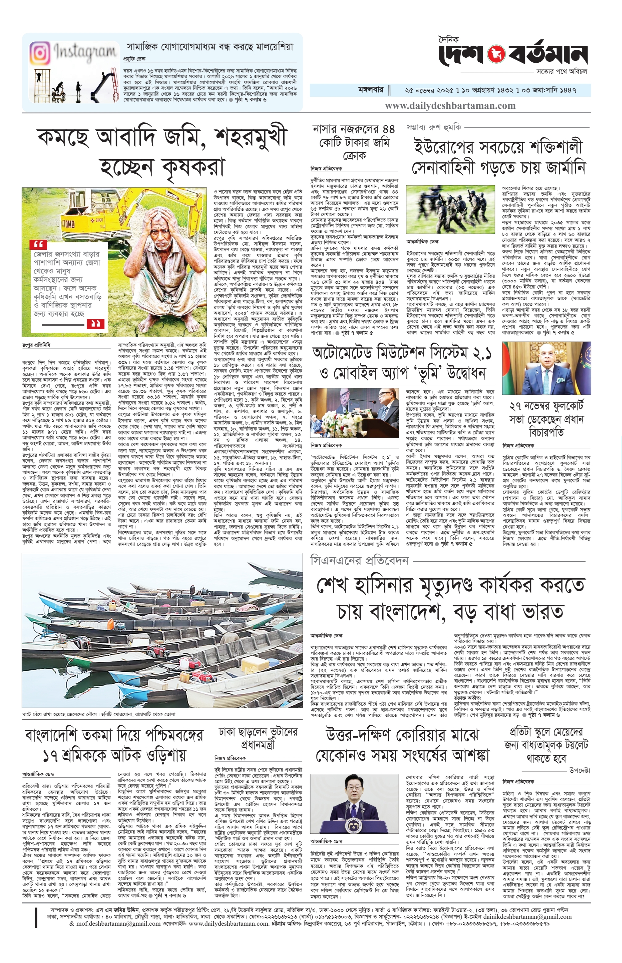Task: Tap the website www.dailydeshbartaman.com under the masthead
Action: pos(450,106)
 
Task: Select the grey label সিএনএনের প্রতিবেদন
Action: pos(359,561)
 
